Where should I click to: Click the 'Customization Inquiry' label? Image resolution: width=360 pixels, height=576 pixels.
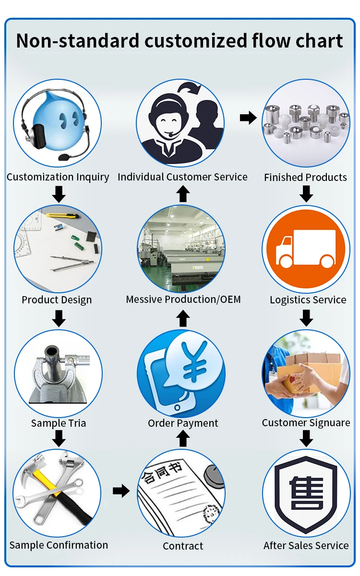coord(58,177)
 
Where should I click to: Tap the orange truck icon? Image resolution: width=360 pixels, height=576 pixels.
coord(306,248)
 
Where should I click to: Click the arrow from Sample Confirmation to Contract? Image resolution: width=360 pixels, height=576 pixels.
coord(121,491)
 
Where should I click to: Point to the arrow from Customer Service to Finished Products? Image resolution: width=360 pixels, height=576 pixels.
coord(248,118)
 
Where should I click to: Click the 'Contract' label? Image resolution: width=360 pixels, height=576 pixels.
coord(183,546)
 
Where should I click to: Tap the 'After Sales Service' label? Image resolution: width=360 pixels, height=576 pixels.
coord(306,545)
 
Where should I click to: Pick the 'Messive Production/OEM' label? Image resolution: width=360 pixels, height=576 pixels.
coord(183,300)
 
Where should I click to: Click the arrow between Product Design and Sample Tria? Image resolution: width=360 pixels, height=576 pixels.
coord(59,318)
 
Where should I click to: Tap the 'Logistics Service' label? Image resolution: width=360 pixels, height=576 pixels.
coord(308,300)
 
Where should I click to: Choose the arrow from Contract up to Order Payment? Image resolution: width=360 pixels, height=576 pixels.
coord(183,438)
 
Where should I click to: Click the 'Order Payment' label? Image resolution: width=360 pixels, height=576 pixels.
coord(183,423)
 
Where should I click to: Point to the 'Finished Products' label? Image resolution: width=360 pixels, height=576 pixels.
coord(305,178)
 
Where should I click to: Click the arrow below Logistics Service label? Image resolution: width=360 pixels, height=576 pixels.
coord(306,318)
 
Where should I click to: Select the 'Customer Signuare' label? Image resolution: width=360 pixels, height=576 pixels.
coord(306,423)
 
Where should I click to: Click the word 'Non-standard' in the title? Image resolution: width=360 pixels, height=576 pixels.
coord(78,41)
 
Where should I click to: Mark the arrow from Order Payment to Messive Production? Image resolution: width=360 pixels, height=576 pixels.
coord(183,319)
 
